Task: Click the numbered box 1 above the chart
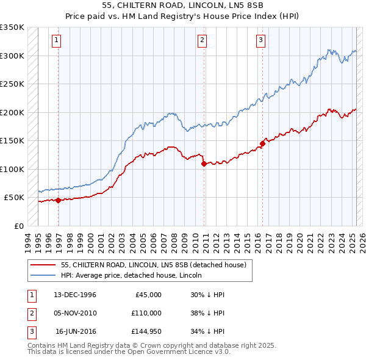click(56, 41)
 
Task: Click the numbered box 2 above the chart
click(202, 41)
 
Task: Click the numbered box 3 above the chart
click(260, 41)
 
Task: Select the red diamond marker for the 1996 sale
click(58, 200)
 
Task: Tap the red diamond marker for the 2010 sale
click(204, 164)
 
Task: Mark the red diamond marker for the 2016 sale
click(262, 143)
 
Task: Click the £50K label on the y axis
click(14, 198)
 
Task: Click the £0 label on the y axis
click(19, 226)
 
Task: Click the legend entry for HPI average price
click(134, 275)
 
